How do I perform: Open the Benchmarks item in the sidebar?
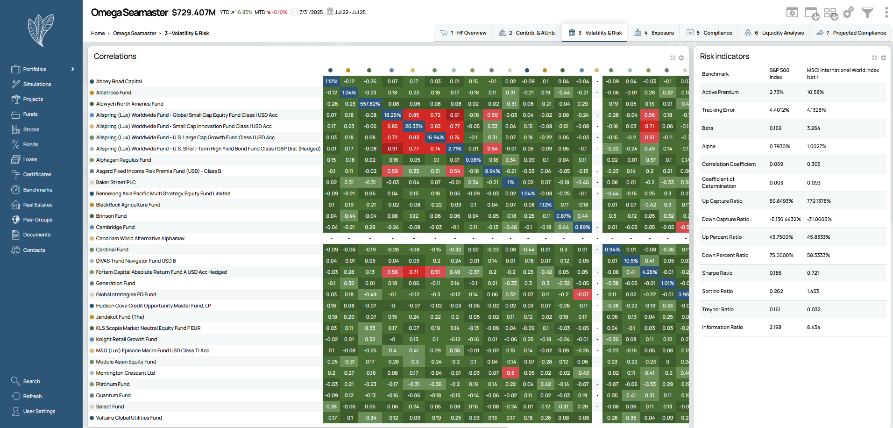(x=37, y=190)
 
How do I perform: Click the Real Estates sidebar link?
(x=37, y=205)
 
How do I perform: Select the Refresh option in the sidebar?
(x=32, y=396)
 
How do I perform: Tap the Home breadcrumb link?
(x=98, y=33)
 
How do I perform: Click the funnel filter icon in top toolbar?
(x=867, y=13)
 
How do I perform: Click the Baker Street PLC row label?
(x=116, y=182)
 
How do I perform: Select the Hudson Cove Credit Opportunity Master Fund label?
(x=153, y=306)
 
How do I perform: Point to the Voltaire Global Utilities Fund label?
(x=129, y=418)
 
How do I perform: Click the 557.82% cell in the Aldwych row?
(x=370, y=104)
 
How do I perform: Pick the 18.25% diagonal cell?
(x=392, y=115)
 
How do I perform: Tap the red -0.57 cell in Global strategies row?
(x=582, y=294)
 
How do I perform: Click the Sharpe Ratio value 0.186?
(x=775, y=273)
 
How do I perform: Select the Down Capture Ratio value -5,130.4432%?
(x=785, y=219)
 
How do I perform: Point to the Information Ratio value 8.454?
(x=813, y=327)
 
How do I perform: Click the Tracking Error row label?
(x=718, y=110)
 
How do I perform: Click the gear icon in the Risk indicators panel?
(x=883, y=58)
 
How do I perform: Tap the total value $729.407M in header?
(x=193, y=13)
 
